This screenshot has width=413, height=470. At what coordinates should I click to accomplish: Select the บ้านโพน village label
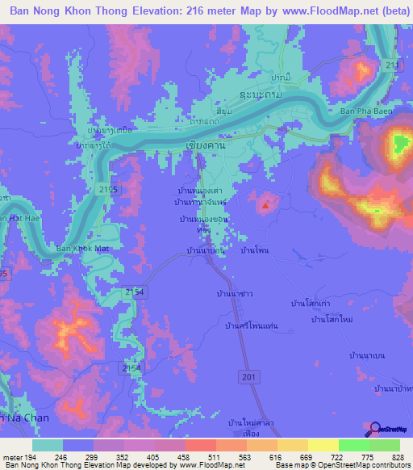click(255, 251)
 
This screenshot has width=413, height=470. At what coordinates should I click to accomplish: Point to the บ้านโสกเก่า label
click(311, 303)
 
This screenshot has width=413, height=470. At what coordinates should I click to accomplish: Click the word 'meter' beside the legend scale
click(11, 458)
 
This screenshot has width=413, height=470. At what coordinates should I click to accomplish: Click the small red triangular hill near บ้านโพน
click(265, 204)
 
